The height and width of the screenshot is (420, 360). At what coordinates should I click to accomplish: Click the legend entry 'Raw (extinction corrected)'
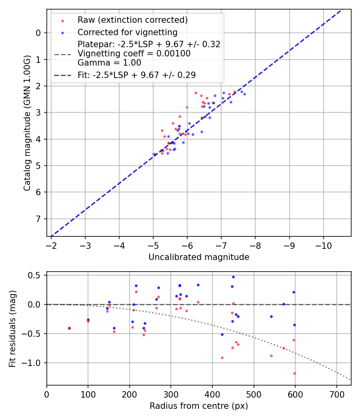tap(132, 20)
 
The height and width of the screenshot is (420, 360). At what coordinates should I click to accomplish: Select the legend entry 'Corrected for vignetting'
tap(127, 32)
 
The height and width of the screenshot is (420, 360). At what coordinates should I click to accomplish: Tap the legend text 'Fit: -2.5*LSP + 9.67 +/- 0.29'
tap(136, 75)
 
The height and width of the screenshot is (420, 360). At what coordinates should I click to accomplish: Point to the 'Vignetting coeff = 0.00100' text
tap(134, 54)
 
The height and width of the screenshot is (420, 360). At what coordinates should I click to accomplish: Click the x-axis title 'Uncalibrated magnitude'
tap(199, 257)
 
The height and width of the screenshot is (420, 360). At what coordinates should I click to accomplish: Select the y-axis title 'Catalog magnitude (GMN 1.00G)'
tap(27, 122)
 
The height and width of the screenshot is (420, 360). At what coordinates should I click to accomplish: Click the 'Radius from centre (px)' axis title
tap(199, 406)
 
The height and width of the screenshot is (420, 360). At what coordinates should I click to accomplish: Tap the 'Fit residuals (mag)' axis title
tap(12, 328)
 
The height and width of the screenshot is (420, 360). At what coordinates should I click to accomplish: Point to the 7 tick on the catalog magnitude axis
tap(38, 219)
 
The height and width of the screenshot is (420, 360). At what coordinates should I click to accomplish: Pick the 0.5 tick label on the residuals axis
tap(36, 275)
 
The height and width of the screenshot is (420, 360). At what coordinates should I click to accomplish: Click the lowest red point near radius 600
tap(294, 373)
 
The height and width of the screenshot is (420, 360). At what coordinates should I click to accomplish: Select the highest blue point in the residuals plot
tap(233, 277)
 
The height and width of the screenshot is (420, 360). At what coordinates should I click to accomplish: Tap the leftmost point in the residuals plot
tap(69, 328)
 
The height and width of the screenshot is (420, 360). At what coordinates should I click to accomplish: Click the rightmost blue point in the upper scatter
tap(244, 94)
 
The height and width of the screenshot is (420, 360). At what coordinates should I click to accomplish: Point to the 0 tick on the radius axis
tap(47, 394)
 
